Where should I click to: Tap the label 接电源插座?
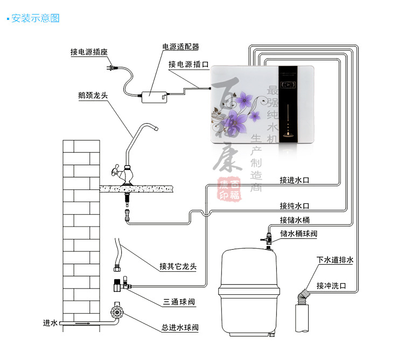[x=89, y=52]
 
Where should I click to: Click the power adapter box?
[x=154, y=96]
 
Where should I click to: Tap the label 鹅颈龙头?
[x=93, y=96]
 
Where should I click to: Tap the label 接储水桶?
[x=295, y=220]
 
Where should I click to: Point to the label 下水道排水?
[x=335, y=260]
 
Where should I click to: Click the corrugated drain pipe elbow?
[x=303, y=295]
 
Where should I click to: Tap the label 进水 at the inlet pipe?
[x=50, y=323]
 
